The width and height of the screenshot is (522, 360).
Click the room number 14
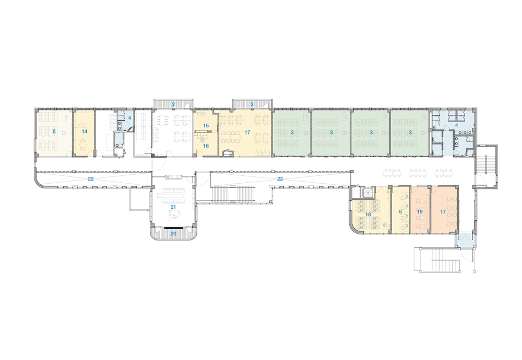pyautogui.click(x=85, y=132)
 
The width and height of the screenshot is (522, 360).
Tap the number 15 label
pyautogui.click(x=206, y=126)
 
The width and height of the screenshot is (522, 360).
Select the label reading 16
pyautogui.click(x=206, y=146)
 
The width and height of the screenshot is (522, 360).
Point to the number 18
pyautogui.click(x=368, y=214)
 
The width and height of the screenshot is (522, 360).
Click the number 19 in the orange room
pyautogui.click(x=420, y=212)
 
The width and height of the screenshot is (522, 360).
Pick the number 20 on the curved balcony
pyautogui.click(x=173, y=234)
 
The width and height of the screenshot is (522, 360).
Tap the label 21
pyautogui.click(x=173, y=207)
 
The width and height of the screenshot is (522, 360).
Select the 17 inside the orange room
pyautogui.click(x=443, y=212)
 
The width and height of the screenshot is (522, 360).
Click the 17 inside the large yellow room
pyautogui.click(x=247, y=133)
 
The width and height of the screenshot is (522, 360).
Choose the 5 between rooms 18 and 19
pyautogui.click(x=400, y=212)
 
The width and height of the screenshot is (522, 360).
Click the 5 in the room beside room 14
pyautogui.click(x=54, y=132)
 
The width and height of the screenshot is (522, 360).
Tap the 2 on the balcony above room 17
pyautogui.click(x=252, y=104)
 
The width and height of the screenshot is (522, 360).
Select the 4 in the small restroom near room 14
pyautogui.click(x=129, y=118)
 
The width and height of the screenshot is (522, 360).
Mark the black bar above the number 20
pyautogui.click(x=173, y=228)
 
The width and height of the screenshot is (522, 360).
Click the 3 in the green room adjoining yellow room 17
pyautogui.click(x=292, y=133)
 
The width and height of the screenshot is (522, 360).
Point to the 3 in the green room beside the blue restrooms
pyautogui.click(x=410, y=133)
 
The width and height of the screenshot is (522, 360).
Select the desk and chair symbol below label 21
pyautogui.click(x=174, y=217)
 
